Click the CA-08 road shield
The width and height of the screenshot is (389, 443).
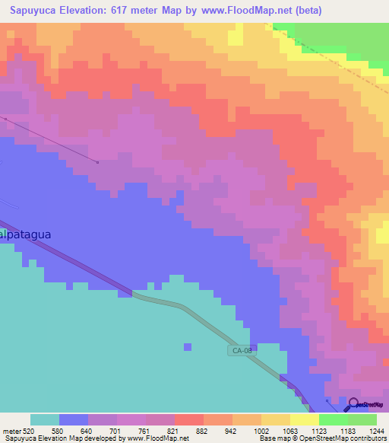click(x=239, y=350)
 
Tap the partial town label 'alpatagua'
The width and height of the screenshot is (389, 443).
click(x=26, y=234)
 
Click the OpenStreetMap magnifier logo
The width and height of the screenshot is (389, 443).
click(x=353, y=403)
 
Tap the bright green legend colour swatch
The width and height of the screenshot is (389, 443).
click(x=334, y=419)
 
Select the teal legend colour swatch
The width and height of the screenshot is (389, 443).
click(x=45, y=419)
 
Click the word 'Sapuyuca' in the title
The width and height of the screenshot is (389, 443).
click(x=34, y=11)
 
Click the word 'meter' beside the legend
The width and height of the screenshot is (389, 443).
click(x=11, y=430)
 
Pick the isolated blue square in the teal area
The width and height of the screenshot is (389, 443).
click(x=188, y=347)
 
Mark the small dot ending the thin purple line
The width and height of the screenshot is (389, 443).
click(x=98, y=161)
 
